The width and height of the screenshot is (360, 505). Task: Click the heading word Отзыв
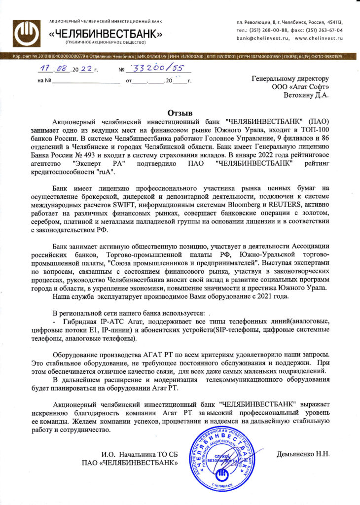180,112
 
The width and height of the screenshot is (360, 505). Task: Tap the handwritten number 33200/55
150,70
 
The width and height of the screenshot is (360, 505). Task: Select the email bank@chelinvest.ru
261,37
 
